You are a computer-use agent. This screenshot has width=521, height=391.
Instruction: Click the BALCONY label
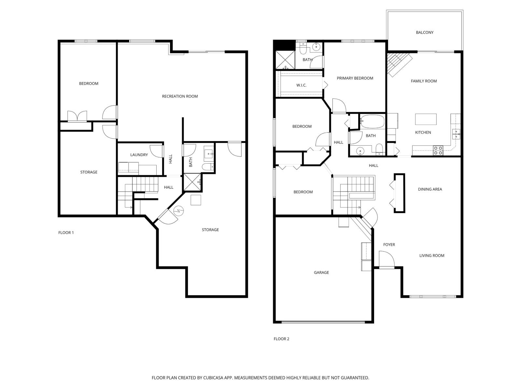tap(424, 33)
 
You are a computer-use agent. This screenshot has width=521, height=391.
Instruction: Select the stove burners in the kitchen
tap(438, 150)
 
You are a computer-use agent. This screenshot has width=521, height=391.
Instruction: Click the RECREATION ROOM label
tap(180, 96)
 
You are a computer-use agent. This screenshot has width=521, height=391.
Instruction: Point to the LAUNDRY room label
tap(139, 155)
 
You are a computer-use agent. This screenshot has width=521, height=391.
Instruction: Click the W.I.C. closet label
tap(301, 85)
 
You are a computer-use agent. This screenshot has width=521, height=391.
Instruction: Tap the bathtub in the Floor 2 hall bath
tap(372, 121)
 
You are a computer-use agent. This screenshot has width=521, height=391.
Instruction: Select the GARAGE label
tap(321, 272)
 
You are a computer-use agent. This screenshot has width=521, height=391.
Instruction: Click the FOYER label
tap(389, 245)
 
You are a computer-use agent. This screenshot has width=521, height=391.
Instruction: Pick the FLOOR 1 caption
tap(66, 233)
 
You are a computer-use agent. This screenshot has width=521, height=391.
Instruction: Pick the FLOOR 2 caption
tap(281, 339)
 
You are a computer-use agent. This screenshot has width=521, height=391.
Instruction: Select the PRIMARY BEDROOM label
tap(355, 78)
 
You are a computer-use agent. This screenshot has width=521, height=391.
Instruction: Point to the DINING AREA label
tap(430, 189)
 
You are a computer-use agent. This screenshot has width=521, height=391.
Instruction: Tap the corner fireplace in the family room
tap(399, 64)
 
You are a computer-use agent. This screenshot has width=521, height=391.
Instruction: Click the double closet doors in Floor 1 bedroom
tap(77, 116)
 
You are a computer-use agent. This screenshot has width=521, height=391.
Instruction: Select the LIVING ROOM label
tap(431, 256)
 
